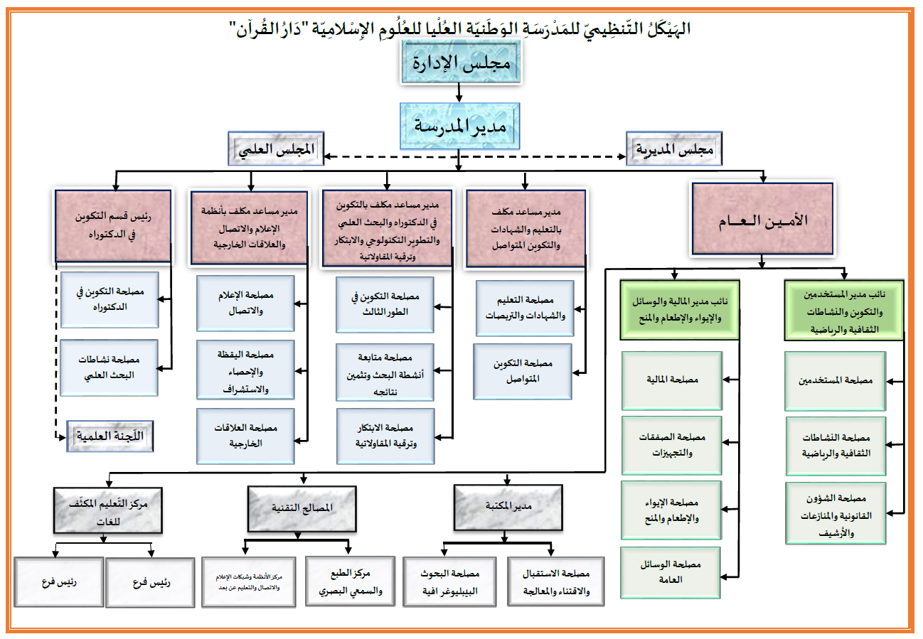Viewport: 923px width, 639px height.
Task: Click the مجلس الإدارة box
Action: click(460, 63)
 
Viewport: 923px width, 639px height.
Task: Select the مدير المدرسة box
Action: click(459, 127)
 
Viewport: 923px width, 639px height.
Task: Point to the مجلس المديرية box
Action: click(673, 150)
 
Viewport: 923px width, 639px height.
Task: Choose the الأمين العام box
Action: click(763, 219)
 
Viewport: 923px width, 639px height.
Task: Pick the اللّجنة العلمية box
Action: click(110, 435)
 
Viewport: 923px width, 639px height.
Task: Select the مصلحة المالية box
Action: click(671, 380)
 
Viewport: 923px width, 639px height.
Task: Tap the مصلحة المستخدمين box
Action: click(835, 380)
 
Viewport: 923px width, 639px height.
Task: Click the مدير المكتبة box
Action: click(508, 506)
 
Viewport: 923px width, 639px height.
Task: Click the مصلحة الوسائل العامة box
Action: click(671, 572)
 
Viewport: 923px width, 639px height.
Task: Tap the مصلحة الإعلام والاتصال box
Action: click(245, 304)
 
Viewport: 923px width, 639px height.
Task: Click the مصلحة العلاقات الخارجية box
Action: click(245, 435)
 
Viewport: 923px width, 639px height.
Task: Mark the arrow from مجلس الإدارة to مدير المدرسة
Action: click(459, 92)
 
